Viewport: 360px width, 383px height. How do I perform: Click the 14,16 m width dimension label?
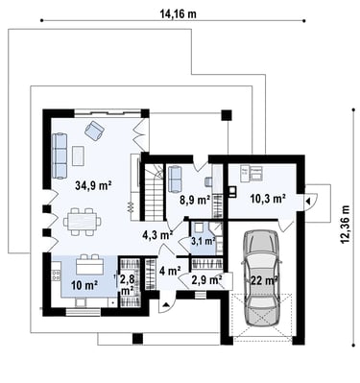pos(178,14)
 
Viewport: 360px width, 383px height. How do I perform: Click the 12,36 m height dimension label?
pos(345,224)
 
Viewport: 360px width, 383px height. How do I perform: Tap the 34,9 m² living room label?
pos(93,185)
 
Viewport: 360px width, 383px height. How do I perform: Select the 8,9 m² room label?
pos(195,201)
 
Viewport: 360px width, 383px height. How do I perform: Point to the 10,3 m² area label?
pos(268,199)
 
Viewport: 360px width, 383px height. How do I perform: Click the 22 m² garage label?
pos(264,280)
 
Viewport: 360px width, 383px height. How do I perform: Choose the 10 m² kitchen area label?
pos(84,285)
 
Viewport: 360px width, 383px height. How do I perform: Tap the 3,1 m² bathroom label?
pos(203,241)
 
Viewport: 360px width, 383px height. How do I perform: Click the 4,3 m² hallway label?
pos(157,235)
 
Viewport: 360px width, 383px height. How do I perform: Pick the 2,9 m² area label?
pos(206,280)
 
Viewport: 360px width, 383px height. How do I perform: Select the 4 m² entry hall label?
pos(170,271)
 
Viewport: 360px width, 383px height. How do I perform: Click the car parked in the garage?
pos(262,279)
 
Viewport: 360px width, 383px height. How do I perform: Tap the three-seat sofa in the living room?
pos(60,156)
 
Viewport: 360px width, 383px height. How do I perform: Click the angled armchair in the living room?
pos(94,130)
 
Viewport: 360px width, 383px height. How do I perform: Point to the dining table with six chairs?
pos(83,222)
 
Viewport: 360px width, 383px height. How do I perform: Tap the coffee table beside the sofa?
pos(78,156)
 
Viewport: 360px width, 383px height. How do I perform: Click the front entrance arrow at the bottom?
pos(166,304)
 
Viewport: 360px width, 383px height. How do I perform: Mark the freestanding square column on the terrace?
pos(227,115)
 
